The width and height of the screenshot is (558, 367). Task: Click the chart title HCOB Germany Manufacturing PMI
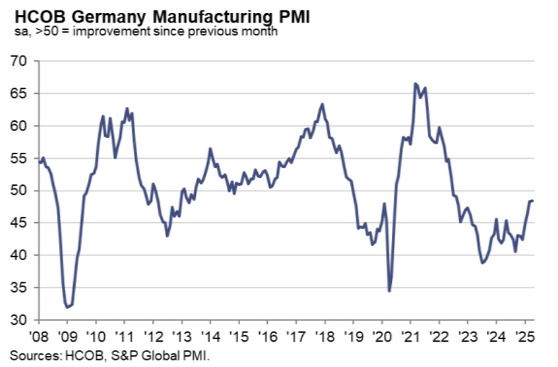(x=160, y=16)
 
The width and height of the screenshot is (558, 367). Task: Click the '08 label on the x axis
(x=38, y=336)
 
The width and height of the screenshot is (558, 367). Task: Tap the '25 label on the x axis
(x=525, y=336)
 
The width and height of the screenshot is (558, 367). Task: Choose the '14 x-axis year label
(x=210, y=336)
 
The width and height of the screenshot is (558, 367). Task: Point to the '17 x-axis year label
(x=296, y=336)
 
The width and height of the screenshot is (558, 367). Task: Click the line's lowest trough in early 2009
(x=67, y=307)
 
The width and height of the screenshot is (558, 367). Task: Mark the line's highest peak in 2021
(x=415, y=83)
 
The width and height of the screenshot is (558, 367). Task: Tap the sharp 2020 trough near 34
(x=389, y=291)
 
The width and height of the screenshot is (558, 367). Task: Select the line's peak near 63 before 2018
(x=322, y=104)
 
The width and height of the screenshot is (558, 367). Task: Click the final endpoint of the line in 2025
(x=533, y=200)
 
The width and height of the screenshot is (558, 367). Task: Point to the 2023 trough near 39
(x=482, y=263)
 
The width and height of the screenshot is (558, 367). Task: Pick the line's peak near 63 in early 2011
(x=127, y=109)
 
